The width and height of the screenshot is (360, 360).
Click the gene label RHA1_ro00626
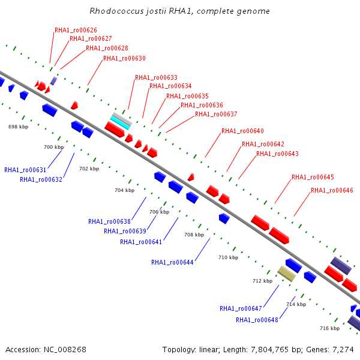[x=76, y=30]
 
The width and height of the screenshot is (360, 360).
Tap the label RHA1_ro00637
[x=216, y=115]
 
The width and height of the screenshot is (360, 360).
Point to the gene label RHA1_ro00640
[x=242, y=131]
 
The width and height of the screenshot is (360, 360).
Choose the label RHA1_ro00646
[x=332, y=191]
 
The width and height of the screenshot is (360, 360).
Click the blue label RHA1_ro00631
[x=25, y=170]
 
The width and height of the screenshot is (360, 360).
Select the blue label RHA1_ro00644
[x=172, y=262]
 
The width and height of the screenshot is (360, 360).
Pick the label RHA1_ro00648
[x=257, y=320]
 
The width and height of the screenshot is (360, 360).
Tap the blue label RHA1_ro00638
[x=109, y=221]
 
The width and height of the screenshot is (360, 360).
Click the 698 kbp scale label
[x=18, y=127]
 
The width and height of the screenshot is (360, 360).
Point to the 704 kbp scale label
[x=124, y=190]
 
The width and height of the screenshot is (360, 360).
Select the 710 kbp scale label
[x=228, y=257]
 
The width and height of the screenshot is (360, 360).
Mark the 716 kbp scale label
[x=329, y=328]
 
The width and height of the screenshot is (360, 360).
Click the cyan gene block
[x=120, y=121]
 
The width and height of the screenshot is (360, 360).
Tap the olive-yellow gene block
[x=286, y=274]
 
